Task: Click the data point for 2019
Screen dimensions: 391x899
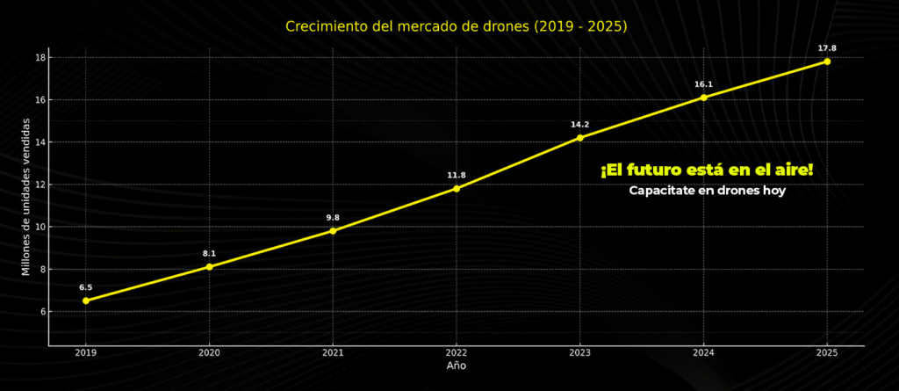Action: tap(86, 300)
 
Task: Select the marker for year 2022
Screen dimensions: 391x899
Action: tap(457, 188)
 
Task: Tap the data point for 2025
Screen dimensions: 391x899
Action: tap(827, 62)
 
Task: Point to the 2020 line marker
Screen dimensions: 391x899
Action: tap(209, 266)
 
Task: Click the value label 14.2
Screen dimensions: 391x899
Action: tap(579, 125)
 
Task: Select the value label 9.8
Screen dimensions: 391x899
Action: tap(333, 218)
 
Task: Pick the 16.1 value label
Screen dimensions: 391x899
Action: tap(703, 84)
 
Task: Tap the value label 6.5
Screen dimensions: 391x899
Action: tap(86, 287)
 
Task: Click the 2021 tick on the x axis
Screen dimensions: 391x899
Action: tap(333, 352)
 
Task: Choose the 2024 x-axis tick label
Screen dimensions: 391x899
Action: tap(703, 352)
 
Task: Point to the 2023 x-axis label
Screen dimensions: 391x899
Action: tap(579, 352)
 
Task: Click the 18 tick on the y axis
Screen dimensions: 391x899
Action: tap(40, 58)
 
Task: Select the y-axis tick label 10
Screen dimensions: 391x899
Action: tap(40, 227)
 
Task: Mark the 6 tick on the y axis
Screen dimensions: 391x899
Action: tap(42, 311)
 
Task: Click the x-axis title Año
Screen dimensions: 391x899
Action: tap(457, 366)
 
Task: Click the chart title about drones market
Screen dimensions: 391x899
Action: tap(457, 26)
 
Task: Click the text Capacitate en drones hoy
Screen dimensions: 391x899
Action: tap(707, 191)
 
